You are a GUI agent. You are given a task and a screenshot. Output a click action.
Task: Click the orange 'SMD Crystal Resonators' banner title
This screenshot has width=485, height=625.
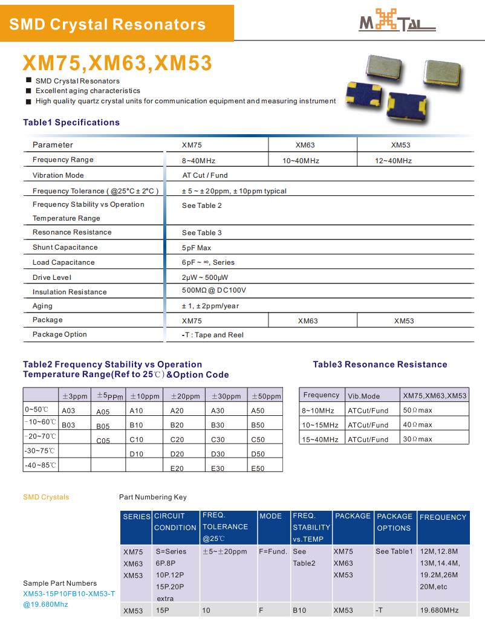coord(108,24)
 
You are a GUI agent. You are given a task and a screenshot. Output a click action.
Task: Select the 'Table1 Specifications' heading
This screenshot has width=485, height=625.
coord(71,122)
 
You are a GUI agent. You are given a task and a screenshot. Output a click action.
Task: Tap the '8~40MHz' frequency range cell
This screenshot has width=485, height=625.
coord(198,161)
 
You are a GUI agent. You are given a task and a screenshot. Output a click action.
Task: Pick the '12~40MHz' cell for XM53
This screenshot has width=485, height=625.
coord(393,161)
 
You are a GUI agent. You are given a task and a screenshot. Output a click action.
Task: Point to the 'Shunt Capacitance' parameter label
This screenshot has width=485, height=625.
coord(65,247)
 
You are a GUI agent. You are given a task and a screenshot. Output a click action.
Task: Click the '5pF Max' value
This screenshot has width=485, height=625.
coord(197,248)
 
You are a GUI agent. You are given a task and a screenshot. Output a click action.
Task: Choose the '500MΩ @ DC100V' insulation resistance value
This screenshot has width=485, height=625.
coord(214,291)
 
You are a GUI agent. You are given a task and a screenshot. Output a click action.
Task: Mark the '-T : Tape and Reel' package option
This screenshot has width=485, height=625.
coord(213,335)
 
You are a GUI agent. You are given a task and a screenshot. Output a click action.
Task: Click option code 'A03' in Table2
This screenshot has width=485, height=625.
coord(68,410)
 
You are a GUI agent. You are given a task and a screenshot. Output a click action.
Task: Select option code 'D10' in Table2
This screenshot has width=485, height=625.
coord(137,454)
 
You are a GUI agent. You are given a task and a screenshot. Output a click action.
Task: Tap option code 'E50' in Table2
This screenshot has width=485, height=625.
coord(258,468)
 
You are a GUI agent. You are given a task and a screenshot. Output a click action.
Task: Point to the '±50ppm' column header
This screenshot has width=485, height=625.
coord(265,397)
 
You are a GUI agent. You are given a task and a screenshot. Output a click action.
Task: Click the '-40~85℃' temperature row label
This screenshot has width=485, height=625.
coord(41,465)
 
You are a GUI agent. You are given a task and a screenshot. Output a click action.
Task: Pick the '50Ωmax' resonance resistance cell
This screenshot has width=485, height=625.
coord(417,410)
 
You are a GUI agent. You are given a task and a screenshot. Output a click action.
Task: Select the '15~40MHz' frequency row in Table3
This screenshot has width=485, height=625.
coord(320,439)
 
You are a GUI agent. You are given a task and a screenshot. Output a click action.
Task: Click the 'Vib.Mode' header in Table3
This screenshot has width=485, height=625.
coord(363,396)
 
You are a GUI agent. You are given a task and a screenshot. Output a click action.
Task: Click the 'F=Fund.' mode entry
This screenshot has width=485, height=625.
coord(273,551)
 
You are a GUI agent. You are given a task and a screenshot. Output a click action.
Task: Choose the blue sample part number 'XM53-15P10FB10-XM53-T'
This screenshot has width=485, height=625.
coord(69,594)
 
